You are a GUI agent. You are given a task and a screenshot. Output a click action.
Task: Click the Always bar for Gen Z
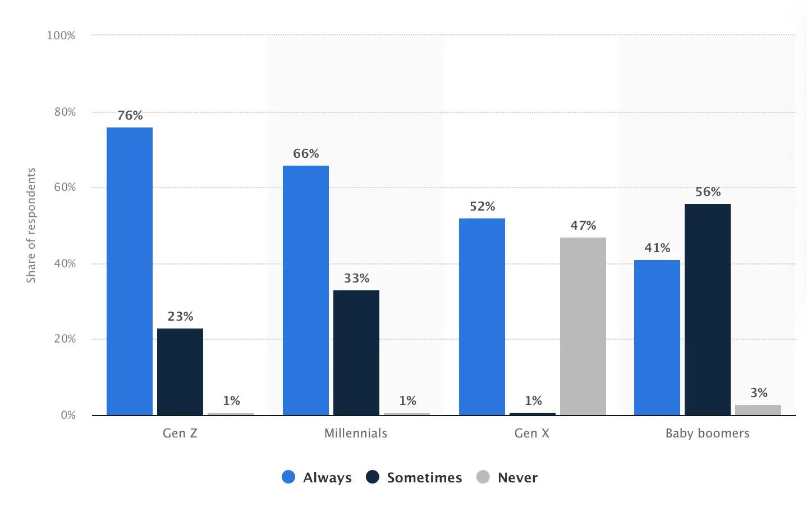(x=129, y=271)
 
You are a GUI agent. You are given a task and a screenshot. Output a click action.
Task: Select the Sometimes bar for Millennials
(x=356, y=353)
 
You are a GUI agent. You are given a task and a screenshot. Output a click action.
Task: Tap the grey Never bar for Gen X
(x=583, y=326)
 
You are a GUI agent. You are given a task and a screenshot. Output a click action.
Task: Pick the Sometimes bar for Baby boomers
(x=707, y=309)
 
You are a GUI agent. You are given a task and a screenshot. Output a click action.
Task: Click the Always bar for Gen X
(x=482, y=317)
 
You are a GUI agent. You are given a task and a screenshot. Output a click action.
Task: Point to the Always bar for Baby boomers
(x=657, y=338)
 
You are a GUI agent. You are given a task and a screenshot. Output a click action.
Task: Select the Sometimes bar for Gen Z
(x=180, y=372)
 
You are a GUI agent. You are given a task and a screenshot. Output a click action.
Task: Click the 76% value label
(x=130, y=116)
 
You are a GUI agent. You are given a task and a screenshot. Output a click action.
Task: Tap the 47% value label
(x=583, y=226)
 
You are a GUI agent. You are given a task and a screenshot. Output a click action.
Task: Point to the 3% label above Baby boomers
(x=759, y=393)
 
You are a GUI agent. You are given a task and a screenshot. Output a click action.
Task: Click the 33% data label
(x=356, y=279)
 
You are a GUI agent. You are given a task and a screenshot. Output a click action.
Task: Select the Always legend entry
(x=317, y=478)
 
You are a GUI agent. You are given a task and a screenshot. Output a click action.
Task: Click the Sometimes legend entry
(x=414, y=478)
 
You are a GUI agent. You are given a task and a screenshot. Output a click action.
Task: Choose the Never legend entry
(x=507, y=478)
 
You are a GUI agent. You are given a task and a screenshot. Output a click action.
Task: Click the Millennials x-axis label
(x=356, y=434)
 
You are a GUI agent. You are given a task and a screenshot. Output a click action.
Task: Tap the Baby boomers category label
(x=707, y=434)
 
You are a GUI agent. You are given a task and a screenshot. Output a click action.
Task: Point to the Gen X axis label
(x=531, y=434)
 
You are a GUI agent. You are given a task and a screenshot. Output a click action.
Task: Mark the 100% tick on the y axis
(x=61, y=36)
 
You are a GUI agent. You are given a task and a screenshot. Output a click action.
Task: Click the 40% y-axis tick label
(x=65, y=264)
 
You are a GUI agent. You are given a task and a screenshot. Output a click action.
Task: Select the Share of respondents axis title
(x=31, y=225)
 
